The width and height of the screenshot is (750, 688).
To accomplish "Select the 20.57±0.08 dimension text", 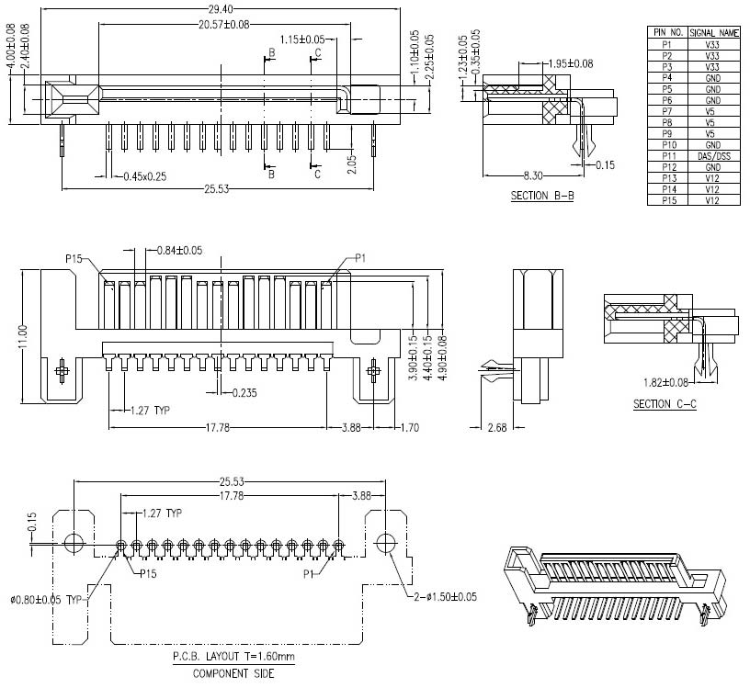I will (x=224, y=24).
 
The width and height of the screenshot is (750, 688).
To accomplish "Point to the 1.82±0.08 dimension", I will (x=664, y=381).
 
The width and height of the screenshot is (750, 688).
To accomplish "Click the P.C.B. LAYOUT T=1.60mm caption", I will (x=233, y=658).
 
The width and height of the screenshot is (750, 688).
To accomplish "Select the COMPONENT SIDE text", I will (x=233, y=673).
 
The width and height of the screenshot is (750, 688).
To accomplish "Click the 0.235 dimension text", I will (x=244, y=393).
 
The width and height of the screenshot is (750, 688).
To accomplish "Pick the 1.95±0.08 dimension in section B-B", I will (x=570, y=63).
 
